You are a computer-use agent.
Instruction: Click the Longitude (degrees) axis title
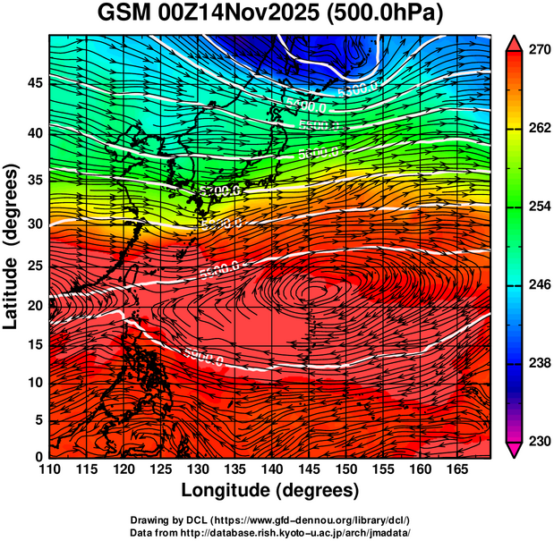269,491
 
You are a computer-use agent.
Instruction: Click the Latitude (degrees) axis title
12,245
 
